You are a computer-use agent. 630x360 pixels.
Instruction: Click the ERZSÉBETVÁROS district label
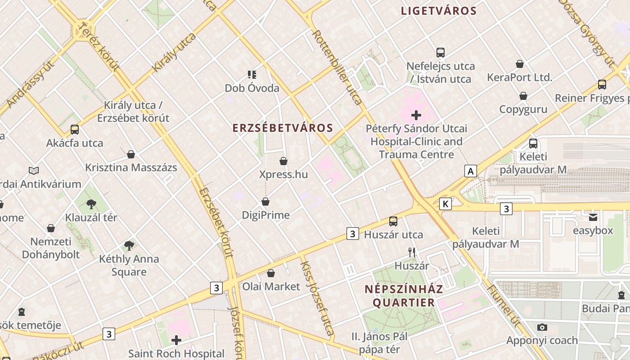(x=283, y=128)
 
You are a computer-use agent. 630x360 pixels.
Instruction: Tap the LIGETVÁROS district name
(x=439, y=11)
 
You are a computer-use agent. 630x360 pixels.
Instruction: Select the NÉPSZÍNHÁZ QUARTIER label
(x=404, y=295)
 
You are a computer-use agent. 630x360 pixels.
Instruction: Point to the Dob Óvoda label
(x=252, y=88)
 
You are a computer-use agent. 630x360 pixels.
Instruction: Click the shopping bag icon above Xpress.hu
(x=283, y=161)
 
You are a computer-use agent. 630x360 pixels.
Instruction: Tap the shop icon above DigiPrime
(x=265, y=202)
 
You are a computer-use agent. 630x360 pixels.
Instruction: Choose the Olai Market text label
(x=271, y=286)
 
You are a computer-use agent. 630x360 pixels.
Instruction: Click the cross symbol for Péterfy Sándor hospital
(x=416, y=115)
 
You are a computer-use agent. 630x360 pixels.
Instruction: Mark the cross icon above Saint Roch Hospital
(x=176, y=340)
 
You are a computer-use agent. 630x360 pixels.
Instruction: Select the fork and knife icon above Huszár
(x=412, y=252)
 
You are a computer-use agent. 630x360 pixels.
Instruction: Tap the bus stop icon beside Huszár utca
(x=393, y=221)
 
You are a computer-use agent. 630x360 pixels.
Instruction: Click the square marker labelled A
(x=471, y=171)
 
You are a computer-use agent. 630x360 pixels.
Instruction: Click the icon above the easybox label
(x=593, y=217)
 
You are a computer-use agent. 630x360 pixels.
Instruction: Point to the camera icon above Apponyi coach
(x=542, y=327)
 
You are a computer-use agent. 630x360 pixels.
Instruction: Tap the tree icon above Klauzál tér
(x=91, y=204)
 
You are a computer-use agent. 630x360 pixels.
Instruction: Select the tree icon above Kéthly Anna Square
(x=129, y=246)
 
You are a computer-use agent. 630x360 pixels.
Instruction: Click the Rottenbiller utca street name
(x=337, y=67)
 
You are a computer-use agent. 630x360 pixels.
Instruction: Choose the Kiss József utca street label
(x=317, y=299)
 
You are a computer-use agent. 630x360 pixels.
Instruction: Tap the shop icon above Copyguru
(x=523, y=96)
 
